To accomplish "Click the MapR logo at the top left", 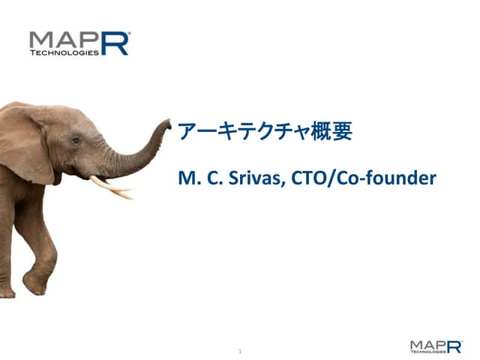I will pyautogui.click(x=79, y=44).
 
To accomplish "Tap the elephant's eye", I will pyautogui.click(x=76, y=139).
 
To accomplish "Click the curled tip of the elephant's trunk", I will pyautogui.click(x=166, y=125).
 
